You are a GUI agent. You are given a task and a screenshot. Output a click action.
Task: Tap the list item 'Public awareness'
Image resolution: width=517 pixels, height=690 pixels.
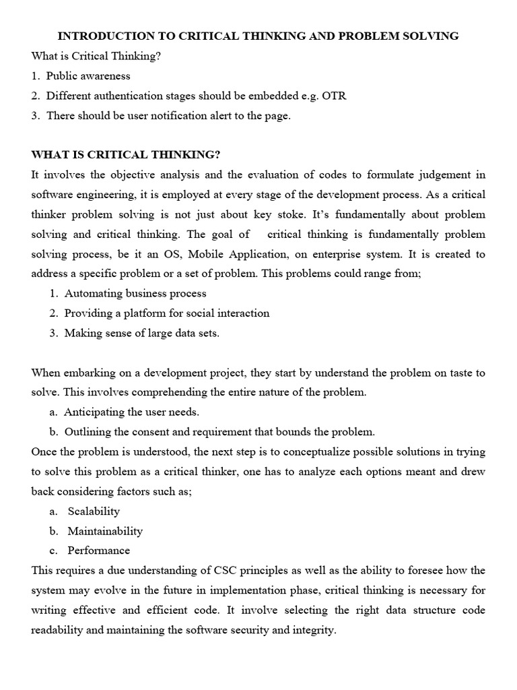coord(88,76)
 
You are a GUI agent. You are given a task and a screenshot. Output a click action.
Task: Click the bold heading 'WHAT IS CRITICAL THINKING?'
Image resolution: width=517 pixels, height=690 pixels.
coord(126,155)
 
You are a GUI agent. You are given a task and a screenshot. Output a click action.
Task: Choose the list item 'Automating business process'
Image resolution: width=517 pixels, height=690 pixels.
coord(135,294)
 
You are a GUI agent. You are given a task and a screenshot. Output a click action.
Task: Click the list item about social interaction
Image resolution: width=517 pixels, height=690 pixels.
coord(167,313)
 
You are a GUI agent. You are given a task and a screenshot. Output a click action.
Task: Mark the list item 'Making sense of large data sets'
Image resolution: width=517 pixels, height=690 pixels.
coord(141,334)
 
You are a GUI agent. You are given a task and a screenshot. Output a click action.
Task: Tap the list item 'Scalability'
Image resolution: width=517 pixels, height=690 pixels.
coord(94,511)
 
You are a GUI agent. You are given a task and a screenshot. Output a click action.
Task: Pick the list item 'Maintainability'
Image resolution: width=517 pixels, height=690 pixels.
coord(105,531)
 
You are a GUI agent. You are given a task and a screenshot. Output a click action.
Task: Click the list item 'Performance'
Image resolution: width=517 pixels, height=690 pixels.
coord(99,551)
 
